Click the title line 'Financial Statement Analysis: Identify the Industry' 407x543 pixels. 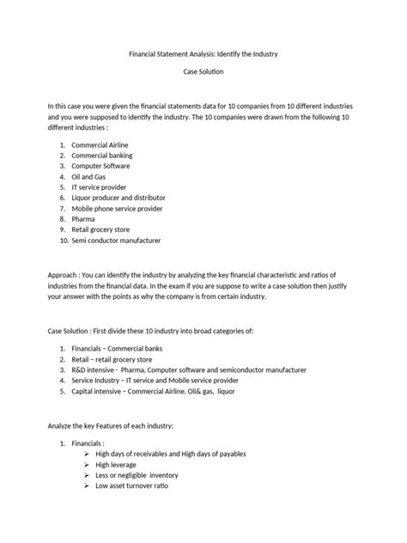[x=203, y=54]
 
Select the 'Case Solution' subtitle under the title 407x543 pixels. [x=203, y=76]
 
